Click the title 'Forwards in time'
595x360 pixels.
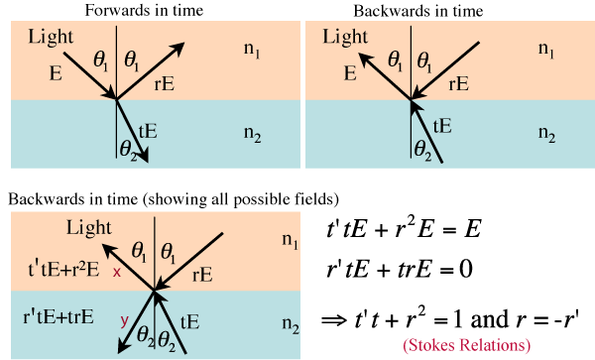point(144,10)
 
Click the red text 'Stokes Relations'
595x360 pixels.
point(467,345)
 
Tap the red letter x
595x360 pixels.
point(116,272)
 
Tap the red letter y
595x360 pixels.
point(124,321)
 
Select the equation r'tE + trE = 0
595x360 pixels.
point(400,270)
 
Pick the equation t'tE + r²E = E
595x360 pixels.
point(404,229)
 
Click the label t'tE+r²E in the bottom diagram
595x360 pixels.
point(63,269)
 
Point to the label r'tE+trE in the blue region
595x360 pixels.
point(59,316)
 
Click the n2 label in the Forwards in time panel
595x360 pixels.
point(252,134)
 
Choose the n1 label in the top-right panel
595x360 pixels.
point(546,50)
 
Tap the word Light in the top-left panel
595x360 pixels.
point(51,37)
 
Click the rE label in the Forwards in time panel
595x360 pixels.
point(165,84)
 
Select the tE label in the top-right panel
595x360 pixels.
point(442,126)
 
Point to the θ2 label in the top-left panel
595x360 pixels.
point(128,150)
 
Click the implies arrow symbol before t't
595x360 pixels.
point(334,320)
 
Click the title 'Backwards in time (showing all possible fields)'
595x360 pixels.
point(174,199)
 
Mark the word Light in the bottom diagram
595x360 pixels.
point(89,228)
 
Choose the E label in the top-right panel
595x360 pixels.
point(350,73)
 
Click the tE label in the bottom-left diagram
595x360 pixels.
point(189,322)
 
